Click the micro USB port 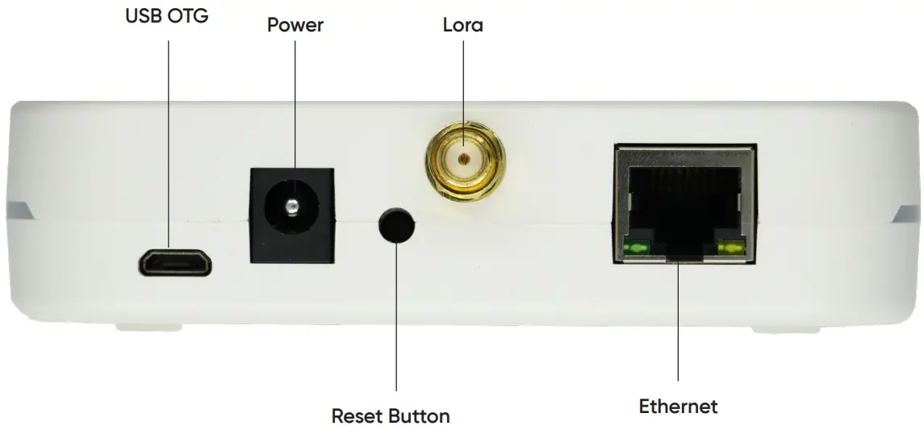coord(174,263)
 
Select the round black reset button coord(396,225)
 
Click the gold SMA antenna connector coord(466,161)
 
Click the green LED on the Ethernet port coord(638,249)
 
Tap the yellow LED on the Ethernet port coord(731,249)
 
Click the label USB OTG coord(167,16)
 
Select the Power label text coord(295,25)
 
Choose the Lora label coord(463,25)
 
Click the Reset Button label coord(391,416)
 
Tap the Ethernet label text coord(678,406)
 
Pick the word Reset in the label coord(358,416)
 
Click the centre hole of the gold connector coord(464,158)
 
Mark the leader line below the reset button coord(397,323)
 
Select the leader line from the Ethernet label coord(678,323)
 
